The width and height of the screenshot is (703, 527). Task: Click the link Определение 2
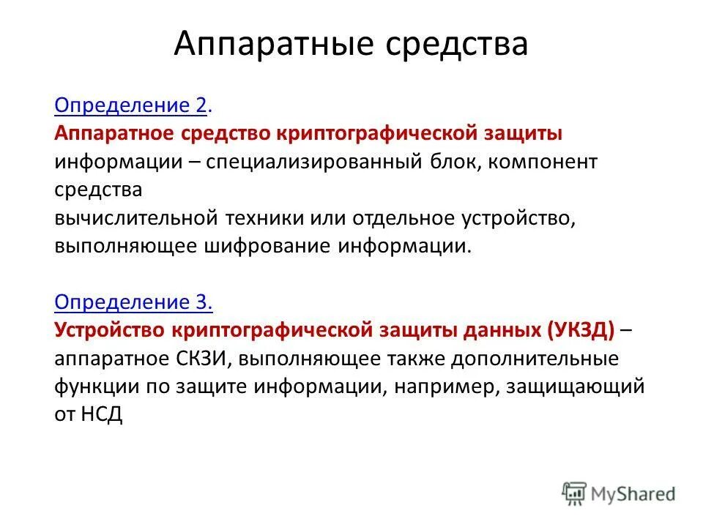(x=133, y=106)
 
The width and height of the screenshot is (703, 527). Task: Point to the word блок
(x=452, y=162)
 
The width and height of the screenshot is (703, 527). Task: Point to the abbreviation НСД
(x=101, y=415)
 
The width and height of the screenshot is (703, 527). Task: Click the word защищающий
(x=574, y=387)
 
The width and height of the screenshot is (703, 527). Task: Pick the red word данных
(x=502, y=330)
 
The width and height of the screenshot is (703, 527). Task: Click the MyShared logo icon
(x=574, y=493)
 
